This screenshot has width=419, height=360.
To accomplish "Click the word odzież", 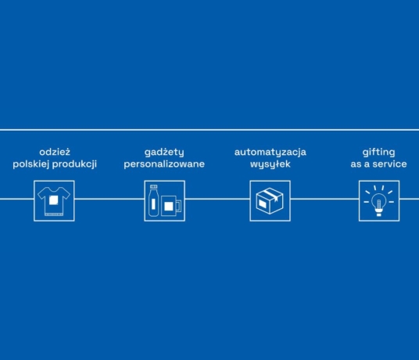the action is click(x=55, y=152).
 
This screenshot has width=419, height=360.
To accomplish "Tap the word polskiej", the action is click(x=31, y=164).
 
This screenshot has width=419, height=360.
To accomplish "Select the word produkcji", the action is click(x=74, y=164).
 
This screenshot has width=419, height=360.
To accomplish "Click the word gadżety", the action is click(x=164, y=153).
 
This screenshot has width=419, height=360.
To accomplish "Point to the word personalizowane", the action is click(x=164, y=164).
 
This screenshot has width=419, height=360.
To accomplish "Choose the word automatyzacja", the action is click(x=270, y=153).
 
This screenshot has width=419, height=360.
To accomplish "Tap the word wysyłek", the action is click(x=270, y=164).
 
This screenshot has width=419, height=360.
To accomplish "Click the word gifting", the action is click(x=378, y=153).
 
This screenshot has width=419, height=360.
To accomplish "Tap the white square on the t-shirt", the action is click(x=54, y=200).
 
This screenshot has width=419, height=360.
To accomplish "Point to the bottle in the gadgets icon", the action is click(x=153, y=200).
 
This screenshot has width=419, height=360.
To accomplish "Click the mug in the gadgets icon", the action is click(x=171, y=206).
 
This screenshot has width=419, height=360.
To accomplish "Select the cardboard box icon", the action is click(x=270, y=201).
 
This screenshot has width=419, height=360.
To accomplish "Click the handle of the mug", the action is click(x=179, y=206).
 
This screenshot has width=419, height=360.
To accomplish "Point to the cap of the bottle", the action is click(x=153, y=187).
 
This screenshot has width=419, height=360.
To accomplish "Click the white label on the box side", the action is click(x=262, y=204).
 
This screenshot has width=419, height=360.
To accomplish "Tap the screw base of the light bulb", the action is click(x=379, y=213).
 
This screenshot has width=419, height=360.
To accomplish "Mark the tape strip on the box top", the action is click(x=271, y=195).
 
